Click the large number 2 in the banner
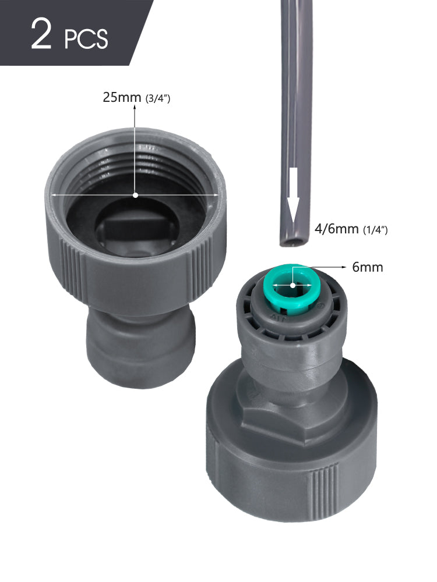41,34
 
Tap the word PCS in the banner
86,39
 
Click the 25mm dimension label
122,97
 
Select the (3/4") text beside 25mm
157,98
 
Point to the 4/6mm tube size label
336,229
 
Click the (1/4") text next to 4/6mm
375,230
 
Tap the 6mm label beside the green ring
368,267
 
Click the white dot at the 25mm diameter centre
135,195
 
